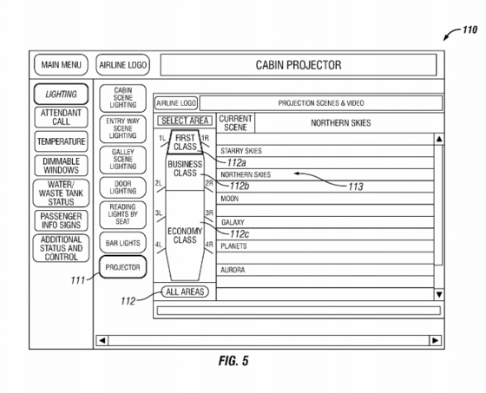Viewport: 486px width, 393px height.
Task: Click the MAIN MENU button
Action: coord(61,65)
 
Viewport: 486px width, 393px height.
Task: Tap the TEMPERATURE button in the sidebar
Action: coord(61,141)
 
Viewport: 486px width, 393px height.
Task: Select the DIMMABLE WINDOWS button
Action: coord(61,166)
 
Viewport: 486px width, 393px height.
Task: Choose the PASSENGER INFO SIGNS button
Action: coord(61,220)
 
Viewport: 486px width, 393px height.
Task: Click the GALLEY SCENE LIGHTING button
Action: coord(122,160)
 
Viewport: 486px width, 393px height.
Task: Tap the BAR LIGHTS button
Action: coord(122,243)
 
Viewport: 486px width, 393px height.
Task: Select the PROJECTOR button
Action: coord(122,267)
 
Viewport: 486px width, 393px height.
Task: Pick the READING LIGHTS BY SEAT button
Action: coord(122,214)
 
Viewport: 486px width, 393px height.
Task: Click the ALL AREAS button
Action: coord(185,291)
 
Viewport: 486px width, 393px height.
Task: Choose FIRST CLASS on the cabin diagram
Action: coord(185,142)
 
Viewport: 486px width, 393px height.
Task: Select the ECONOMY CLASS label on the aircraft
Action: coord(185,236)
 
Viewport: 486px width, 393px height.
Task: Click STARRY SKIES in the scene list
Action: coord(241,151)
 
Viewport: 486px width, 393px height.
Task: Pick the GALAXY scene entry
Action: coord(233,222)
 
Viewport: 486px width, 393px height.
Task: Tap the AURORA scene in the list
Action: coord(233,270)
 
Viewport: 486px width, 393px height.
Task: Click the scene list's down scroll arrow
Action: coord(439,294)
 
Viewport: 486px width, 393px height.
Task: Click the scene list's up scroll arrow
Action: coord(439,139)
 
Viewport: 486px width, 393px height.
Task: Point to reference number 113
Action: coord(356,187)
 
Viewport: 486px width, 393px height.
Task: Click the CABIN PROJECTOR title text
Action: coord(299,65)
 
